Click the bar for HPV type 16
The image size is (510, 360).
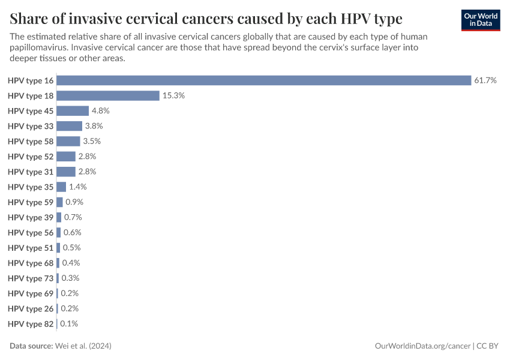point(264,80)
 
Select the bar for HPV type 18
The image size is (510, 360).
point(108,95)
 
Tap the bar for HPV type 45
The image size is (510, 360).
point(73,111)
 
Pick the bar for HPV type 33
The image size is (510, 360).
point(70,126)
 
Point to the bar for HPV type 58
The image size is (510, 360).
point(68,141)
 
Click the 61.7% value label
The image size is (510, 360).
point(485,80)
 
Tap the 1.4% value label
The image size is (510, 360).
point(78,187)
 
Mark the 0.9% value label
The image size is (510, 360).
point(74,202)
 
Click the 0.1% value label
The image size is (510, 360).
point(69,323)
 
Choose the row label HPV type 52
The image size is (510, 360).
point(31,157)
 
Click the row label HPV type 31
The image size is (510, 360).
point(31,172)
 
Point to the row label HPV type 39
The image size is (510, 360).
point(31,217)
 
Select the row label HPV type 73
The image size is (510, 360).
point(31,278)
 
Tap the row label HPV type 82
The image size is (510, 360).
point(31,323)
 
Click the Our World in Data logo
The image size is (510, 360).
point(480,20)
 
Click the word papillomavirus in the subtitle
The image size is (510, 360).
point(39,47)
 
